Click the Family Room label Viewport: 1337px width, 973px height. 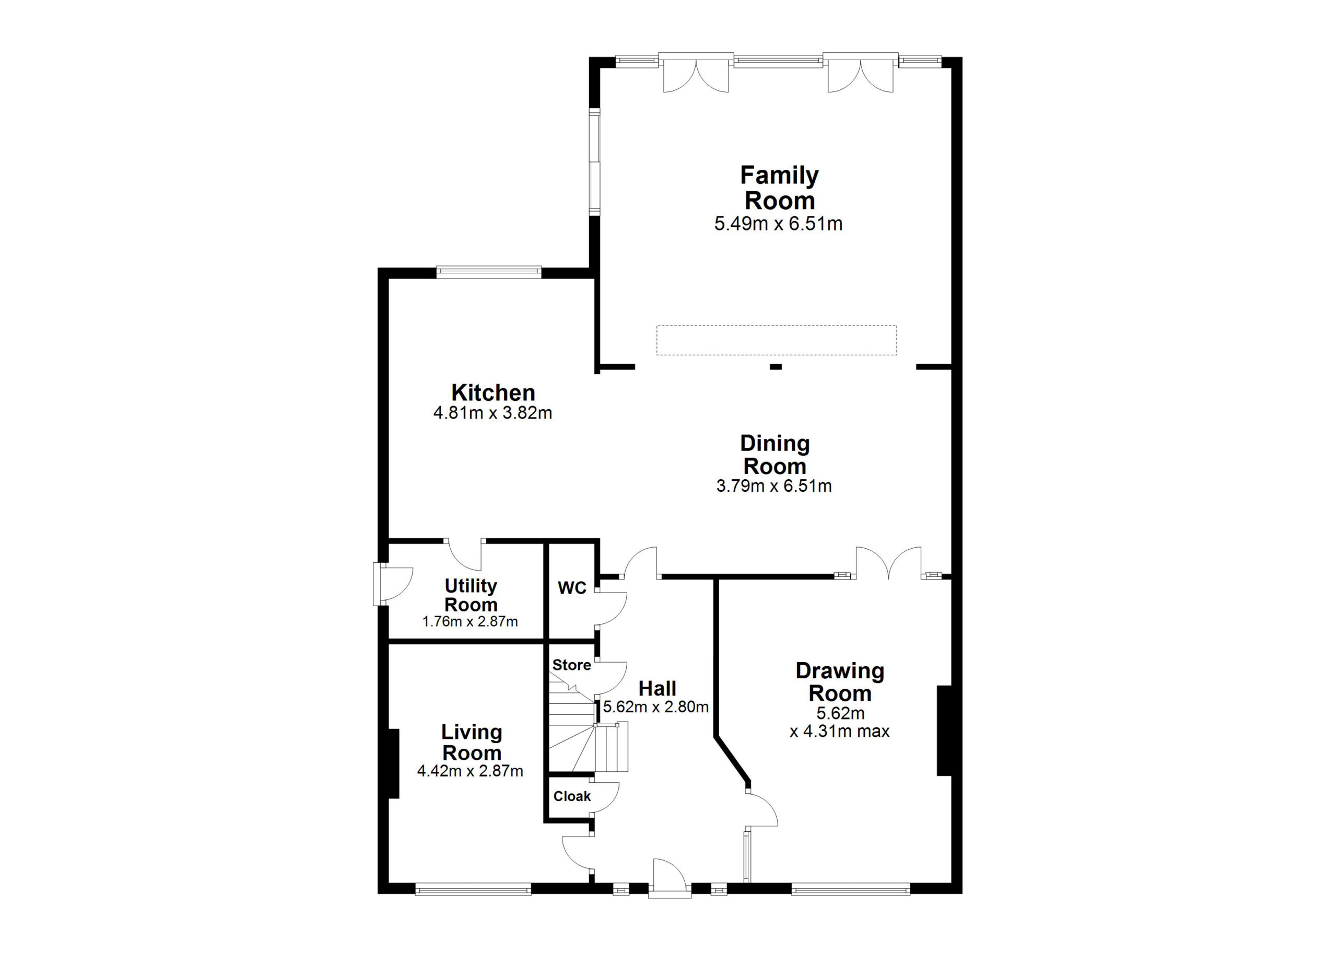pyautogui.click(x=779, y=188)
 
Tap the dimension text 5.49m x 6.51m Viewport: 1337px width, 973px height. pyautogui.click(x=778, y=224)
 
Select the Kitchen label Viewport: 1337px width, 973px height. pyautogui.click(x=493, y=393)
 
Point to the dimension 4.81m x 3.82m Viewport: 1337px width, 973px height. pyautogui.click(x=493, y=413)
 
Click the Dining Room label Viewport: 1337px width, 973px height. pyautogui.click(x=775, y=455)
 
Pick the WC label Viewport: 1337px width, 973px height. pyautogui.click(x=572, y=588)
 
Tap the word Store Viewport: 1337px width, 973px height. pyautogui.click(x=571, y=665)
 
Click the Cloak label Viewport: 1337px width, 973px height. pyautogui.click(x=572, y=797)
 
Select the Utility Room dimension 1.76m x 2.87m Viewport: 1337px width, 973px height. pyautogui.click(x=470, y=621)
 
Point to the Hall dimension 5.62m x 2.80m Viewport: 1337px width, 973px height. pyautogui.click(x=655, y=707)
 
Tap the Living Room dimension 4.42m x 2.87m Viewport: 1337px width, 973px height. pyautogui.click(x=470, y=771)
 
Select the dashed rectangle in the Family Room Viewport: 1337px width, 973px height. pyautogui.click(x=777, y=340)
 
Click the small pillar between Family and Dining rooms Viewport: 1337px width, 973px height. pyautogui.click(x=776, y=367)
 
